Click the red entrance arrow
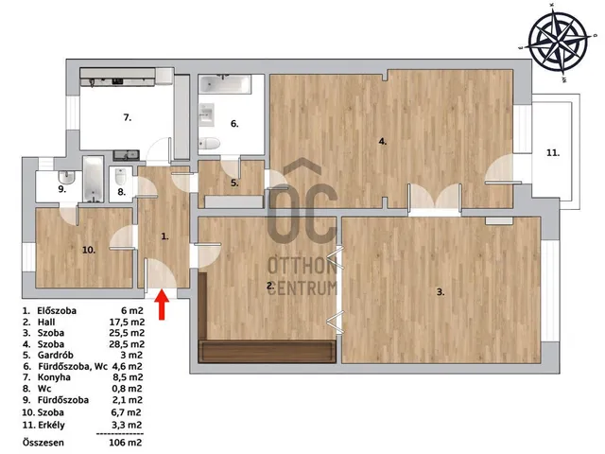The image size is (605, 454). (x=163, y=305)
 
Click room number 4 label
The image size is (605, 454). (x=382, y=141)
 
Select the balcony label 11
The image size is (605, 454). (x=553, y=153)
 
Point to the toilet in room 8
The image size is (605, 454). (x=121, y=177)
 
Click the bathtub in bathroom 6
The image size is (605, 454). (x=225, y=84)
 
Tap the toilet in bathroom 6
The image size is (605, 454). (x=209, y=143)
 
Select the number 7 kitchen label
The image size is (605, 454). (x=128, y=117)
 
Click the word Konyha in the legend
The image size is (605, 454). (x=54, y=377)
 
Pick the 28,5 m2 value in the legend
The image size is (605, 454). (x=127, y=344)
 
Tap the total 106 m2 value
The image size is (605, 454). (x=126, y=443)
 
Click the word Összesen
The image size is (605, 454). (x=43, y=443)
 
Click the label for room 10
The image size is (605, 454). (x=89, y=250)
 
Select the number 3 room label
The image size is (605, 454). (x=441, y=292)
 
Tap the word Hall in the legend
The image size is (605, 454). (x=46, y=322)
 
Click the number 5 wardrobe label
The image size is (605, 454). (x=234, y=183)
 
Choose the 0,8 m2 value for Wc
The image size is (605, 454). (x=127, y=389)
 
